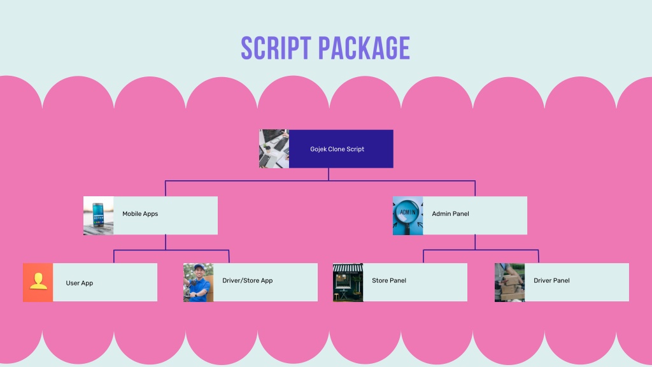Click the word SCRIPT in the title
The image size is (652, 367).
tap(276, 48)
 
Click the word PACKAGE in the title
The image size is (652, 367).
tap(364, 48)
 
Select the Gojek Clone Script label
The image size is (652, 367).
tap(337, 149)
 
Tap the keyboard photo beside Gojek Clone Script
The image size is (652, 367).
tap(274, 149)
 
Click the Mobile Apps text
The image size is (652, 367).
tap(140, 214)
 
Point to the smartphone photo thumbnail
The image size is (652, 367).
tap(99, 215)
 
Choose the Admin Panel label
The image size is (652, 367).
tap(450, 214)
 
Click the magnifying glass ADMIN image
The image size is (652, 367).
tap(408, 215)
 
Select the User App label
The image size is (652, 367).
tap(80, 283)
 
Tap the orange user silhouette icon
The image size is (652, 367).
tap(38, 282)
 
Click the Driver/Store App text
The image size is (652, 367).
tap(248, 280)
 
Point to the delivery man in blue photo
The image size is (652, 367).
tap(199, 282)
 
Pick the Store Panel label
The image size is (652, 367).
tap(389, 280)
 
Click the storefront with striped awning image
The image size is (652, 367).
tap(348, 282)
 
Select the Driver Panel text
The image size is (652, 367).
tap(551, 280)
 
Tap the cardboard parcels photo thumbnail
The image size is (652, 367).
tap(510, 282)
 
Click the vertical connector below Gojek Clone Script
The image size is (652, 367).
tap(329, 175)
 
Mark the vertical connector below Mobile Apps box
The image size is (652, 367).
tap(166, 242)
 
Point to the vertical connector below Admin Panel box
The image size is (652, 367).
tap(475, 242)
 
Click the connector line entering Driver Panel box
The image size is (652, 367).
tap(539, 256)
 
